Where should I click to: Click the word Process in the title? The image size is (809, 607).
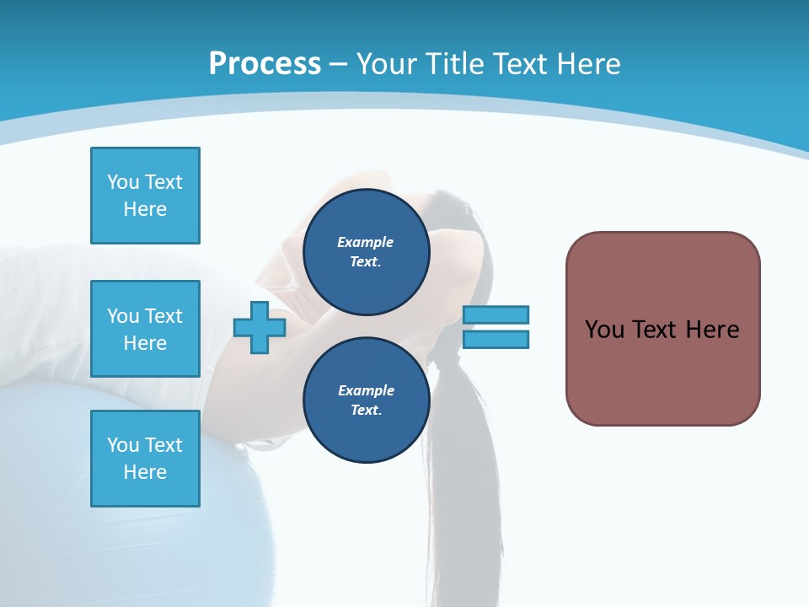(265, 63)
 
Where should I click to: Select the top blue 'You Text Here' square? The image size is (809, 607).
(145, 196)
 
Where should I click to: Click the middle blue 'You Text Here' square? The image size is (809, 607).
(145, 329)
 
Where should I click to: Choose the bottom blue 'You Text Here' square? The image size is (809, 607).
(145, 459)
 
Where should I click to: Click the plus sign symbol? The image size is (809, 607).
(260, 327)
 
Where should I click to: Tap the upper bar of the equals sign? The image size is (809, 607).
(496, 314)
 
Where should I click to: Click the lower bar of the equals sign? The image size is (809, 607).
(496, 340)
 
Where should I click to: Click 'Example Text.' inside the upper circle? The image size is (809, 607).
(366, 252)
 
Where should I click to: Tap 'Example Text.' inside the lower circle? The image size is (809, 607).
(366, 400)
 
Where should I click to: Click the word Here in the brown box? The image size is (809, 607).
(712, 330)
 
